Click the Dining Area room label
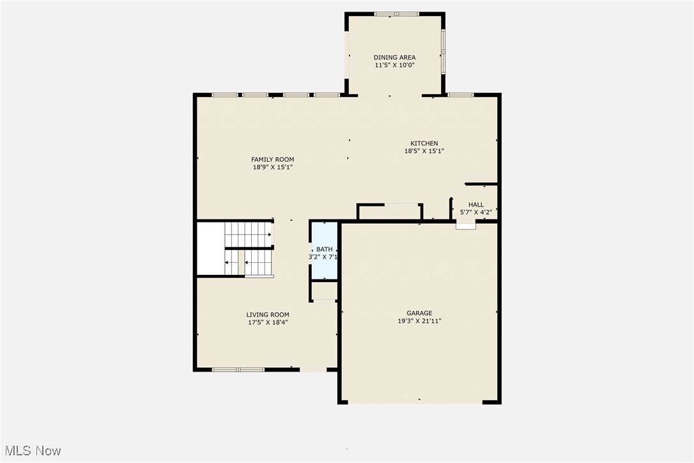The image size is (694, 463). (x=394, y=58)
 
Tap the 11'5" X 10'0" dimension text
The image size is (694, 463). (x=394, y=65)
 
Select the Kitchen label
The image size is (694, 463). (x=424, y=143)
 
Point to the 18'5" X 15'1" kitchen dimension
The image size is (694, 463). (x=424, y=152)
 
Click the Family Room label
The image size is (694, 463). (x=272, y=159)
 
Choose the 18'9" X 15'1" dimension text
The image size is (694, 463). (x=272, y=168)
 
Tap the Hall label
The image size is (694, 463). (x=476, y=205)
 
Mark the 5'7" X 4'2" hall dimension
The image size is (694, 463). (x=476, y=212)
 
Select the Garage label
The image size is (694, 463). (x=419, y=313)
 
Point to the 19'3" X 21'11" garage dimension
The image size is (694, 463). (x=419, y=321)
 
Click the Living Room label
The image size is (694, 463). (x=268, y=315)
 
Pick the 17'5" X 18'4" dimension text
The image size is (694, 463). (x=268, y=323)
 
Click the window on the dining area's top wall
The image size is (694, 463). (x=396, y=13)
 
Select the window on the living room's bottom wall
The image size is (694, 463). (x=238, y=369)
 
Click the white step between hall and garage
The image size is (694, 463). (x=465, y=226)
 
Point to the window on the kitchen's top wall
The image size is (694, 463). (x=460, y=95)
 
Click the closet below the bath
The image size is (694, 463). (x=324, y=291)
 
